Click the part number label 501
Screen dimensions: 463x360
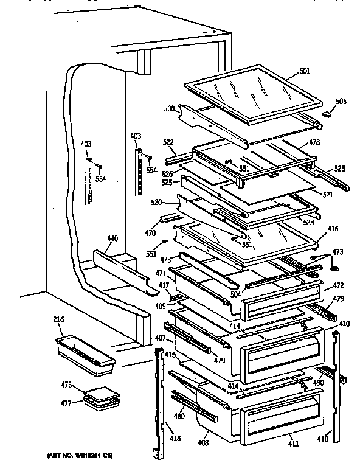click(x=304, y=71)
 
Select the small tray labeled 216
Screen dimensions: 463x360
click(x=85, y=354)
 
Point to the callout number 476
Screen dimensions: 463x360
click(x=67, y=385)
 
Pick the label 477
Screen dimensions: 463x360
click(x=67, y=402)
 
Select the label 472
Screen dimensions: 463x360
click(x=339, y=285)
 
